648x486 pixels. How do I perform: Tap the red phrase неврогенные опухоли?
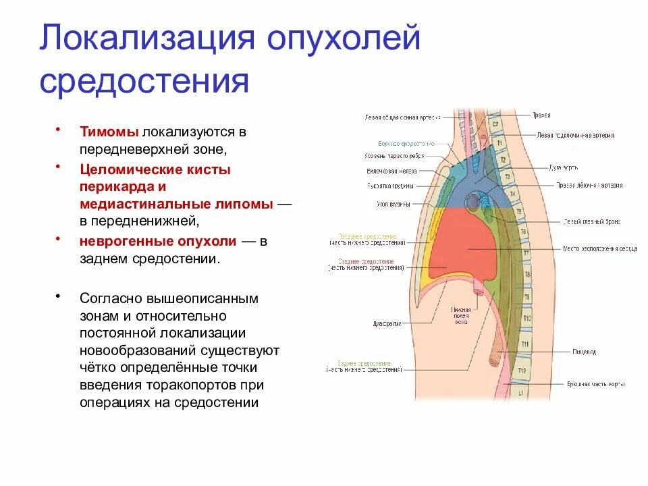pyautogui.click(x=158, y=241)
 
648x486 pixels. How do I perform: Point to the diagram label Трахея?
pyautogui.click(x=541, y=115)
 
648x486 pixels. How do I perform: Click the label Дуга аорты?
pyautogui.click(x=563, y=167)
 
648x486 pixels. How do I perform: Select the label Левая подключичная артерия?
pyautogui.click(x=575, y=135)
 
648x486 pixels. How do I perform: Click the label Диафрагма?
pyautogui.click(x=387, y=323)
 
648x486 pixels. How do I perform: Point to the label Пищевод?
pyautogui.click(x=584, y=352)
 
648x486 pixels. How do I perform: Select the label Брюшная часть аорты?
pyautogui.click(x=595, y=384)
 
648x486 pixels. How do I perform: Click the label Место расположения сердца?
pyautogui.click(x=600, y=248)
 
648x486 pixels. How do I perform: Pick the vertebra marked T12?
pyautogui.click(x=520, y=371)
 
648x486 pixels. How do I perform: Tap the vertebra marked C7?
pyautogui.click(x=494, y=124)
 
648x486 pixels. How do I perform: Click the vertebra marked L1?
pyautogui.click(x=520, y=392)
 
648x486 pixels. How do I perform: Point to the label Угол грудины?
pyautogui.click(x=390, y=203)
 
